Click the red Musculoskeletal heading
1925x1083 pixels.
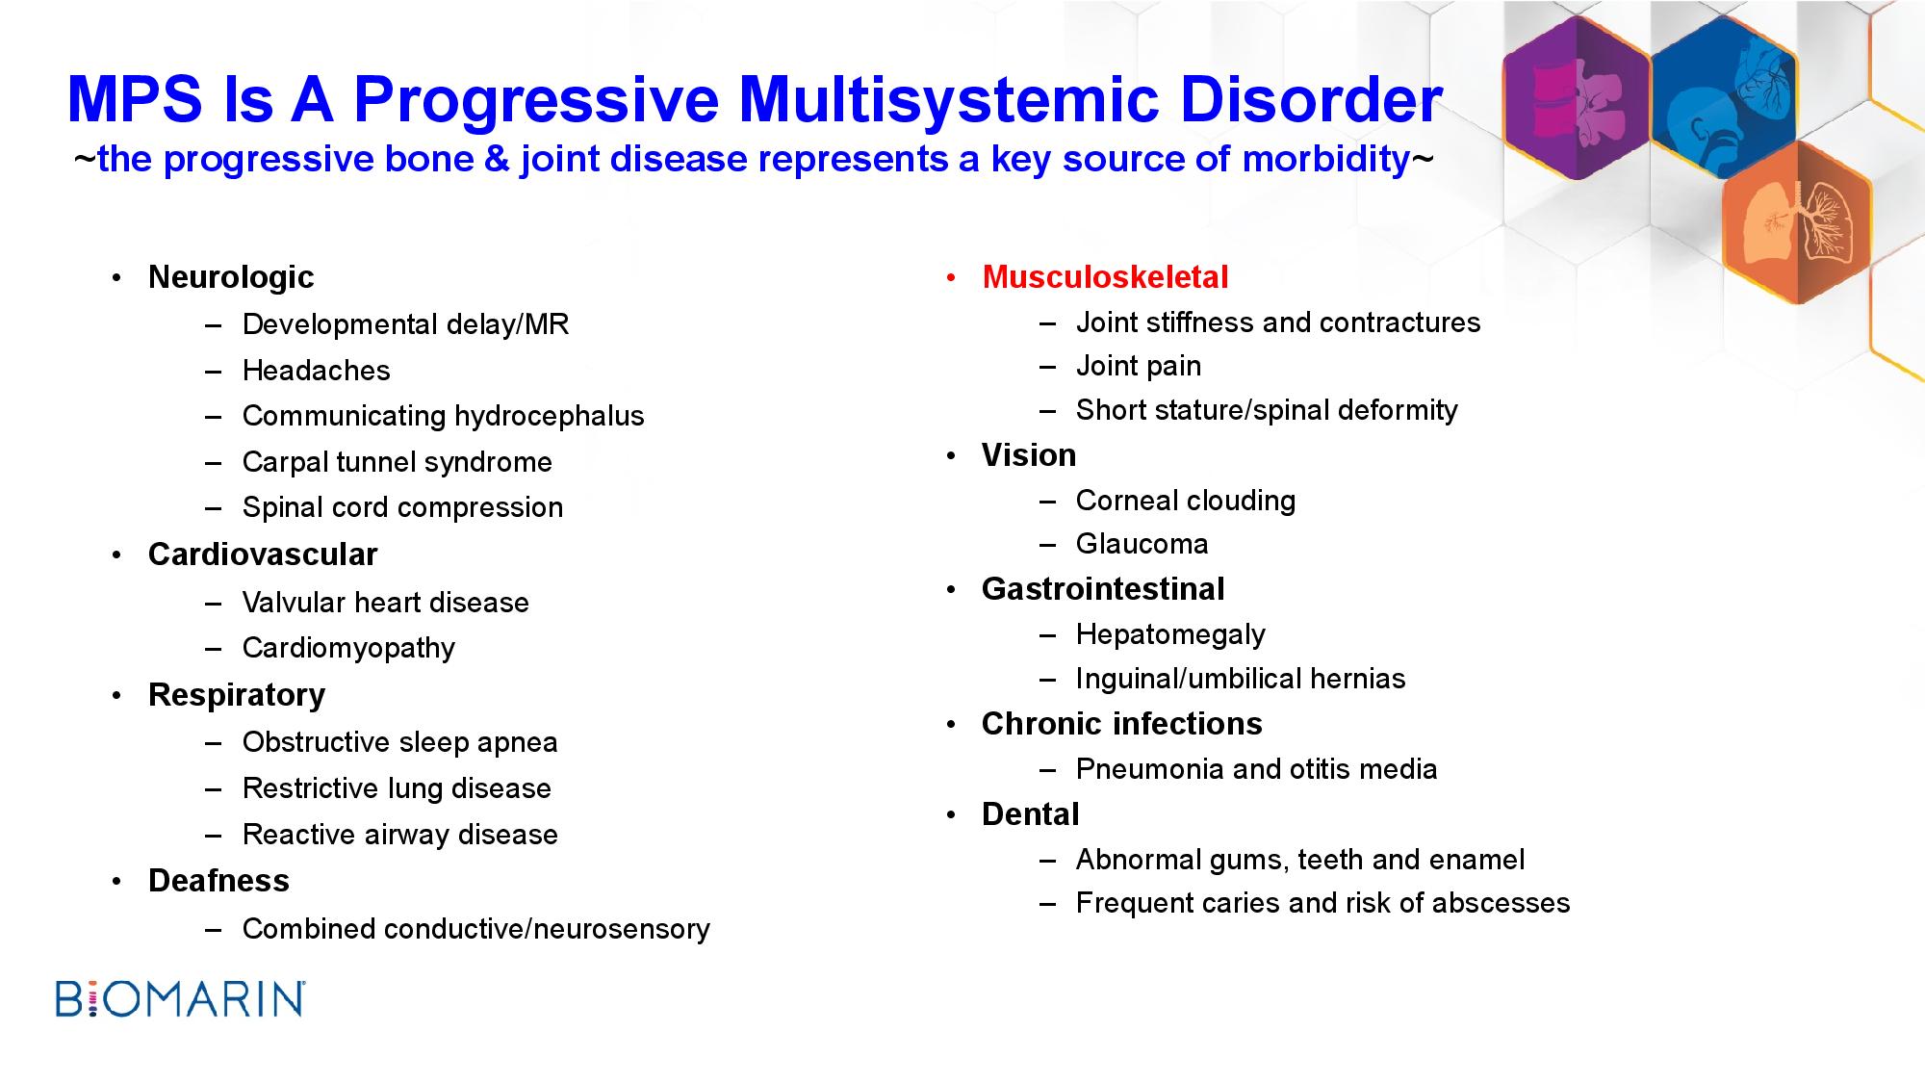(x=1105, y=277)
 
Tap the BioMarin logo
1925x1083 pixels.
(x=181, y=999)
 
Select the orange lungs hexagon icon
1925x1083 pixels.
(x=1796, y=222)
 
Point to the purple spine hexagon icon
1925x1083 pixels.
(x=1577, y=99)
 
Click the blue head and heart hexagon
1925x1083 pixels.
(x=1724, y=99)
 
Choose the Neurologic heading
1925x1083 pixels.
(x=231, y=277)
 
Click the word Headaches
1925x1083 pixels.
(x=317, y=371)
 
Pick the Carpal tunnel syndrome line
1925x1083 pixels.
(x=398, y=462)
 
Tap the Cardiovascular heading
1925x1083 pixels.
(x=263, y=554)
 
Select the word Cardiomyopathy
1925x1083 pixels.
(x=348, y=648)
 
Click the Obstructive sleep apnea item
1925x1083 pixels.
(x=400, y=742)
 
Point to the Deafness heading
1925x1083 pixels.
(x=218, y=881)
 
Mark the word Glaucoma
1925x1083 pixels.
(x=1142, y=544)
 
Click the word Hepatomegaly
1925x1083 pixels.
(x=1170, y=634)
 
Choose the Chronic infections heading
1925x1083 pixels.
(x=1122, y=724)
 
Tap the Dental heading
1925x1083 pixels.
(x=1031, y=814)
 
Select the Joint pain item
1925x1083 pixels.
(x=1139, y=367)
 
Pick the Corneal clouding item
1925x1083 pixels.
(x=1186, y=501)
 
